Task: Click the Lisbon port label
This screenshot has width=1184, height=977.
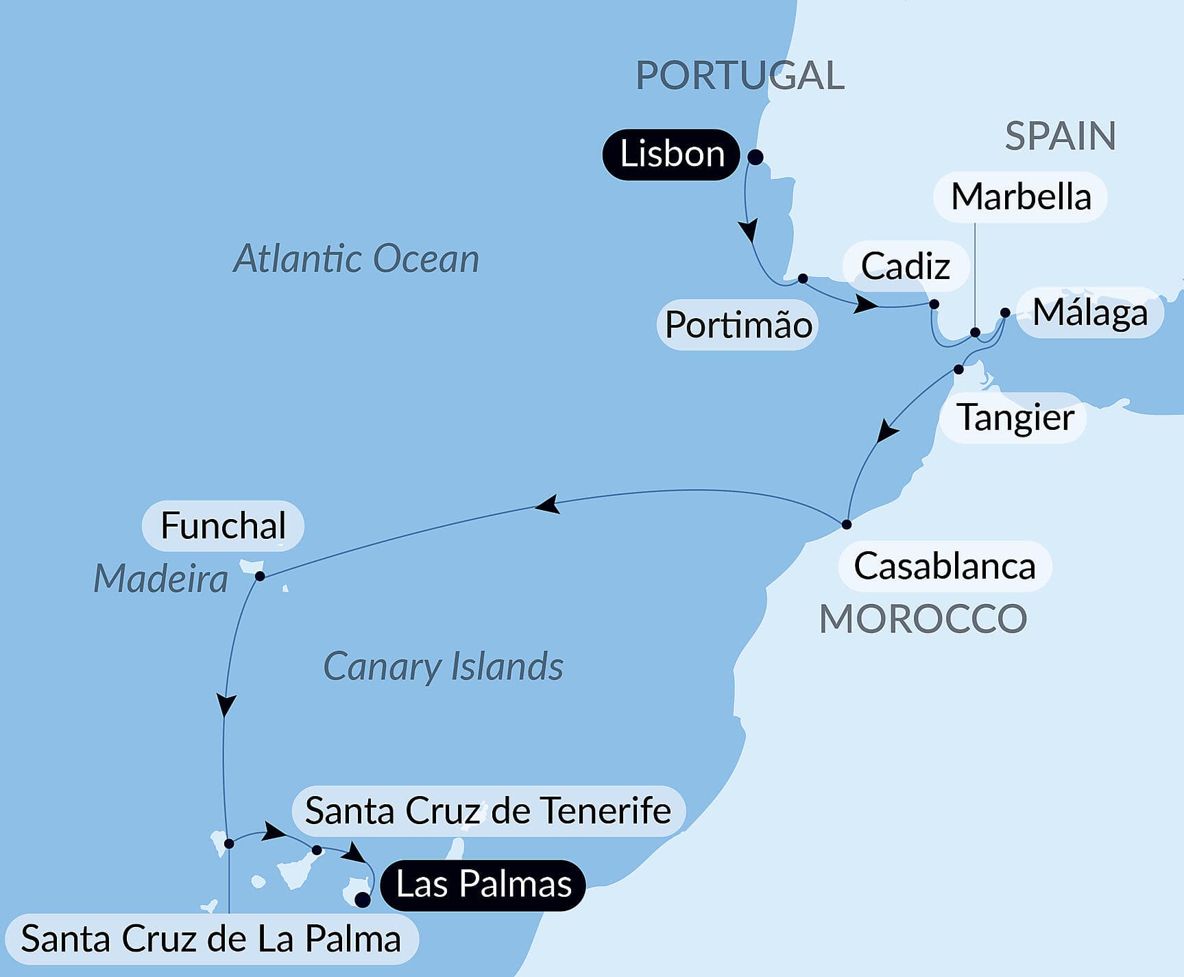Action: click(671, 154)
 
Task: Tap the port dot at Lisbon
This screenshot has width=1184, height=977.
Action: click(755, 157)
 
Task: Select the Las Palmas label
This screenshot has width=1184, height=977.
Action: click(483, 884)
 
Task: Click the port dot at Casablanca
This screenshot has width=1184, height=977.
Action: click(847, 524)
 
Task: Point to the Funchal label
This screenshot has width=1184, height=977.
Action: click(223, 526)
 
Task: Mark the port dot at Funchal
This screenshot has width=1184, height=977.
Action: click(260, 576)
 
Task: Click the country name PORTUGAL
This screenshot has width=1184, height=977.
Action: click(740, 75)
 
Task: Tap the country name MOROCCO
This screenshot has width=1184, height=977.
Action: click(923, 619)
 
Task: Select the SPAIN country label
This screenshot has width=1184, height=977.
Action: click(1060, 136)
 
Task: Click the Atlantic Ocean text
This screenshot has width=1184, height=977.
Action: click(356, 259)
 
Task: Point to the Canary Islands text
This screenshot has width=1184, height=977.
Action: click(443, 666)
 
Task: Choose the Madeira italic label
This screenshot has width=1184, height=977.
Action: click(160, 579)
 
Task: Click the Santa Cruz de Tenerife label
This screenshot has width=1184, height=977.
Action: click(488, 811)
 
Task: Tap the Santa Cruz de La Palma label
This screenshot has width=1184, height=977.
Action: click(211, 939)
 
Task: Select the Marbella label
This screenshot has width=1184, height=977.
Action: click(1020, 197)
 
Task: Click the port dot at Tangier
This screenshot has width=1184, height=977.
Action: click(958, 370)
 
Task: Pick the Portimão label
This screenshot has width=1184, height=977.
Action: click(738, 325)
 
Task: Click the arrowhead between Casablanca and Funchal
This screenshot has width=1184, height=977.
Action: click(547, 505)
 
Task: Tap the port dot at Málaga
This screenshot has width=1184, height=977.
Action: click(1005, 313)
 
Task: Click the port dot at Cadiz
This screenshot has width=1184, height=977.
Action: click(934, 304)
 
